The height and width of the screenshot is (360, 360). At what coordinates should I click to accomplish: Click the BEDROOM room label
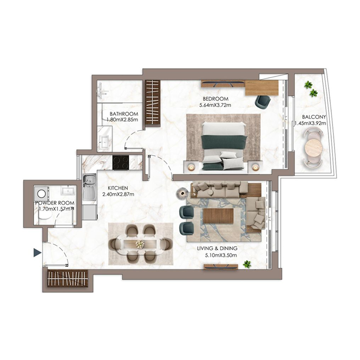pyautogui.click(x=216, y=99)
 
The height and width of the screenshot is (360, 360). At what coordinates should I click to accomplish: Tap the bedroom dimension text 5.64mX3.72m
pyautogui.click(x=216, y=106)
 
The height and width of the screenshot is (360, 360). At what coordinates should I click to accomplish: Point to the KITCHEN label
pyautogui.click(x=118, y=188)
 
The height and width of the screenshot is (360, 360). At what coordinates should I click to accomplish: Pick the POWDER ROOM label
pyautogui.click(x=54, y=203)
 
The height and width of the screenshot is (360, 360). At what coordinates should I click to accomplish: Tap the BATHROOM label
pyautogui.click(x=124, y=114)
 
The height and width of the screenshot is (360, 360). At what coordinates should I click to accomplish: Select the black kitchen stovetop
pyautogui.click(x=121, y=162)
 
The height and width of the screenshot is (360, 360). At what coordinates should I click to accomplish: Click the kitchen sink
pyautogui.click(x=89, y=182)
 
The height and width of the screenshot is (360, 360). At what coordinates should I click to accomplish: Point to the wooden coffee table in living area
pyautogui.click(x=218, y=216)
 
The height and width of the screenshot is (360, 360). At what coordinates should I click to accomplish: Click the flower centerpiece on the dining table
pyautogui.click(x=140, y=244)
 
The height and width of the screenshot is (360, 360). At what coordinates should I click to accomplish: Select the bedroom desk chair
pyautogui.click(x=262, y=102)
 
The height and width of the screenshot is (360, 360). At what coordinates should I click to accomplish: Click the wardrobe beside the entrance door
pyautogui.click(x=68, y=279)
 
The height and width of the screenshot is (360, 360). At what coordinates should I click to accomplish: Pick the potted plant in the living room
pyautogui.click(x=247, y=264)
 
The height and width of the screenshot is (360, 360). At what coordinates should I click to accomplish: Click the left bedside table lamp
pyautogui.click(x=191, y=167)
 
